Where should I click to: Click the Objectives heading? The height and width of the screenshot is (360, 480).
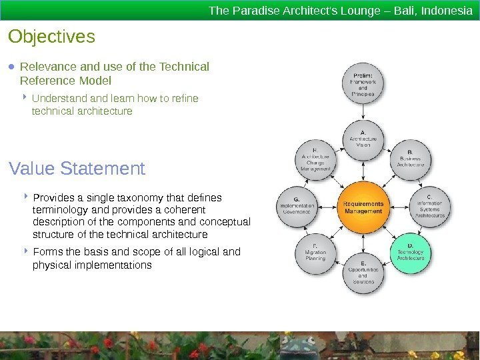(52, 36)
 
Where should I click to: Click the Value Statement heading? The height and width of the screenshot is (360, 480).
(77, 169)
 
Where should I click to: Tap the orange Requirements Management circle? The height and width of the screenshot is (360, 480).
(363, 207)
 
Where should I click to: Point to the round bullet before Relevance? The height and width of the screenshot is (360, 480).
(12, 67)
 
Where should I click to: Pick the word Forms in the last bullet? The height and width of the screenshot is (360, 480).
(46, 252)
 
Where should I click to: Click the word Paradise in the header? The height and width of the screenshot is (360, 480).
(251, 11)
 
